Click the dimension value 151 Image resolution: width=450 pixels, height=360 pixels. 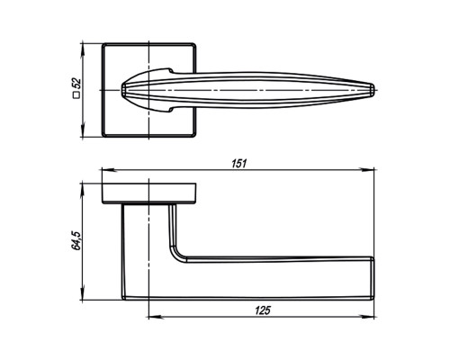[x=239, y=164]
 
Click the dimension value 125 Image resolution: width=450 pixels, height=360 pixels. [x=263, y=310]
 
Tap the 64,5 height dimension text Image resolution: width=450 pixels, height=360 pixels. [x=76, y=240]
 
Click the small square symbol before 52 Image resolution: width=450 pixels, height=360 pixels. [x=76, y=95]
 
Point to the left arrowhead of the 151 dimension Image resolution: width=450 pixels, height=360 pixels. [x=107, y=170]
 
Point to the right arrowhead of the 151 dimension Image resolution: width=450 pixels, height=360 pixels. [x=368, y=170]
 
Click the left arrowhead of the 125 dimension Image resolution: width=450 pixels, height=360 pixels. [x=156, y=317]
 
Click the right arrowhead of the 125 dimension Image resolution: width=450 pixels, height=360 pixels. [x=368, y=317]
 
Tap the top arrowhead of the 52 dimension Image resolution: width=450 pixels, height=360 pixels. [x=82, y=49]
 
